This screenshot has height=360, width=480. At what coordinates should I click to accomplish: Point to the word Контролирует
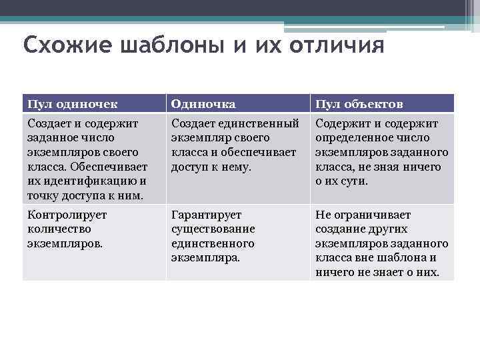(67, 215)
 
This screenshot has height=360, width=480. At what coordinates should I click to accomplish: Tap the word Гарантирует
(206, 215)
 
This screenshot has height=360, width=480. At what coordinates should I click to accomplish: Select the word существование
(213, 229)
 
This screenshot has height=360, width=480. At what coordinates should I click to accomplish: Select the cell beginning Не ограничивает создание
(381, 243)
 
